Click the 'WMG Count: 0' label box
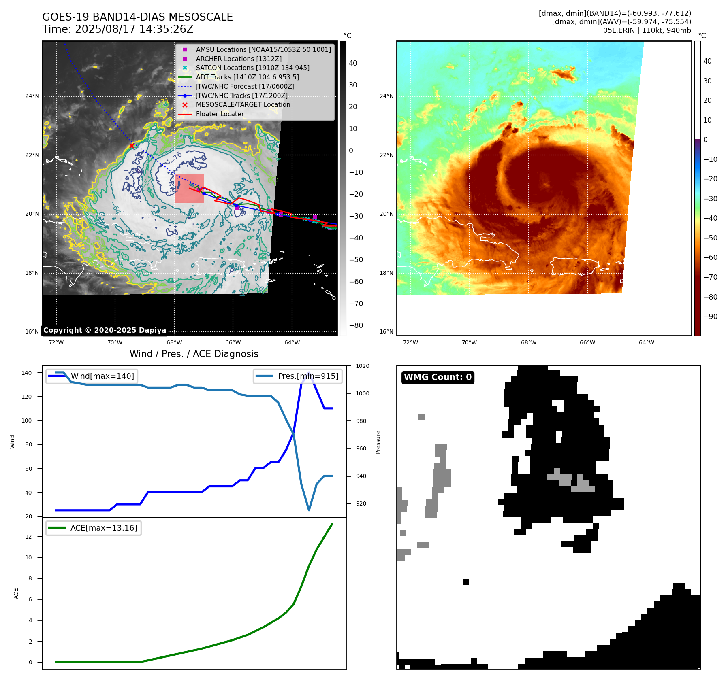pos(438,377)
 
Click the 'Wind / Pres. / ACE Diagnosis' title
pos(194,354)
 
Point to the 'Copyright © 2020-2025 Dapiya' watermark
pos(105,330)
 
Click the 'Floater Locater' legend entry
pos(220,114)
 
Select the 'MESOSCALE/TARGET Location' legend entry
pos(243,105)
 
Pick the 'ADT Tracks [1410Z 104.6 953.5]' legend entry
pos(247,77)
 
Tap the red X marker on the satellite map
pos(132,146)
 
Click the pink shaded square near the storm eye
pos(189,188)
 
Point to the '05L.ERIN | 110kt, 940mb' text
pos(647,30)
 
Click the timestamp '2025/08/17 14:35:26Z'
pos(134,30)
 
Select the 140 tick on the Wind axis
pos(27,373)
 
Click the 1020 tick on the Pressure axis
pos(362,366)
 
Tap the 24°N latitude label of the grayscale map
pos(32,96)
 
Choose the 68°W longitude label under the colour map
pos(528,343)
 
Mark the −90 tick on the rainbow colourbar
pos(710,317)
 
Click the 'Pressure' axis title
pos(378,442)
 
